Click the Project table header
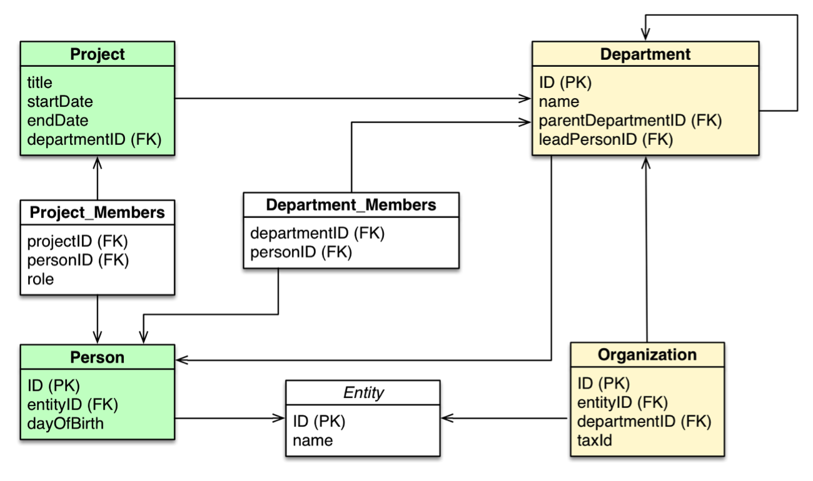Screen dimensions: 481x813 [x=97, y=54]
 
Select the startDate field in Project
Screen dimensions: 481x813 [x=60, y=101]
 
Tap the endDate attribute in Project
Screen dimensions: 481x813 [x=58, y=120]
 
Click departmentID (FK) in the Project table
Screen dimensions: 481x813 [x=94, y=139]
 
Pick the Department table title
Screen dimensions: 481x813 [x=645, y=54]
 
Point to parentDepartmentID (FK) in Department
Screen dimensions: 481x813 [x=630, y=120]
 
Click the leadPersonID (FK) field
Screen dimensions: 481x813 [x=605, y=139]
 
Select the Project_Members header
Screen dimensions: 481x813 [x=97, y=212]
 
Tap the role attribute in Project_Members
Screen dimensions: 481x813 [x=41, y=279]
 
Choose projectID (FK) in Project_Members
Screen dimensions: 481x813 [x=78, y=241]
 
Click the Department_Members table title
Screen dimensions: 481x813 [x=351, y=205]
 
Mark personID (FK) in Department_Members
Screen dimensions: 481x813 [x=301, y=252]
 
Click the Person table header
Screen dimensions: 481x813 [x=97, y=357]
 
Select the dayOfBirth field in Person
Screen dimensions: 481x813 [x=66, y=424]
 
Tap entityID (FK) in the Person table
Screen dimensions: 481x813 [x=73, y=404]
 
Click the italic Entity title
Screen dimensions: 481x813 [x=363, y=392]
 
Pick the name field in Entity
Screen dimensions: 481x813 [x=313, y=440]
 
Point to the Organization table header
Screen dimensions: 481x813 [x=647, y=355]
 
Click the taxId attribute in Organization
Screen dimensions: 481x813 [x=594, y=440]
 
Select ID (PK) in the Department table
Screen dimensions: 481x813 [x=565, y=82]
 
